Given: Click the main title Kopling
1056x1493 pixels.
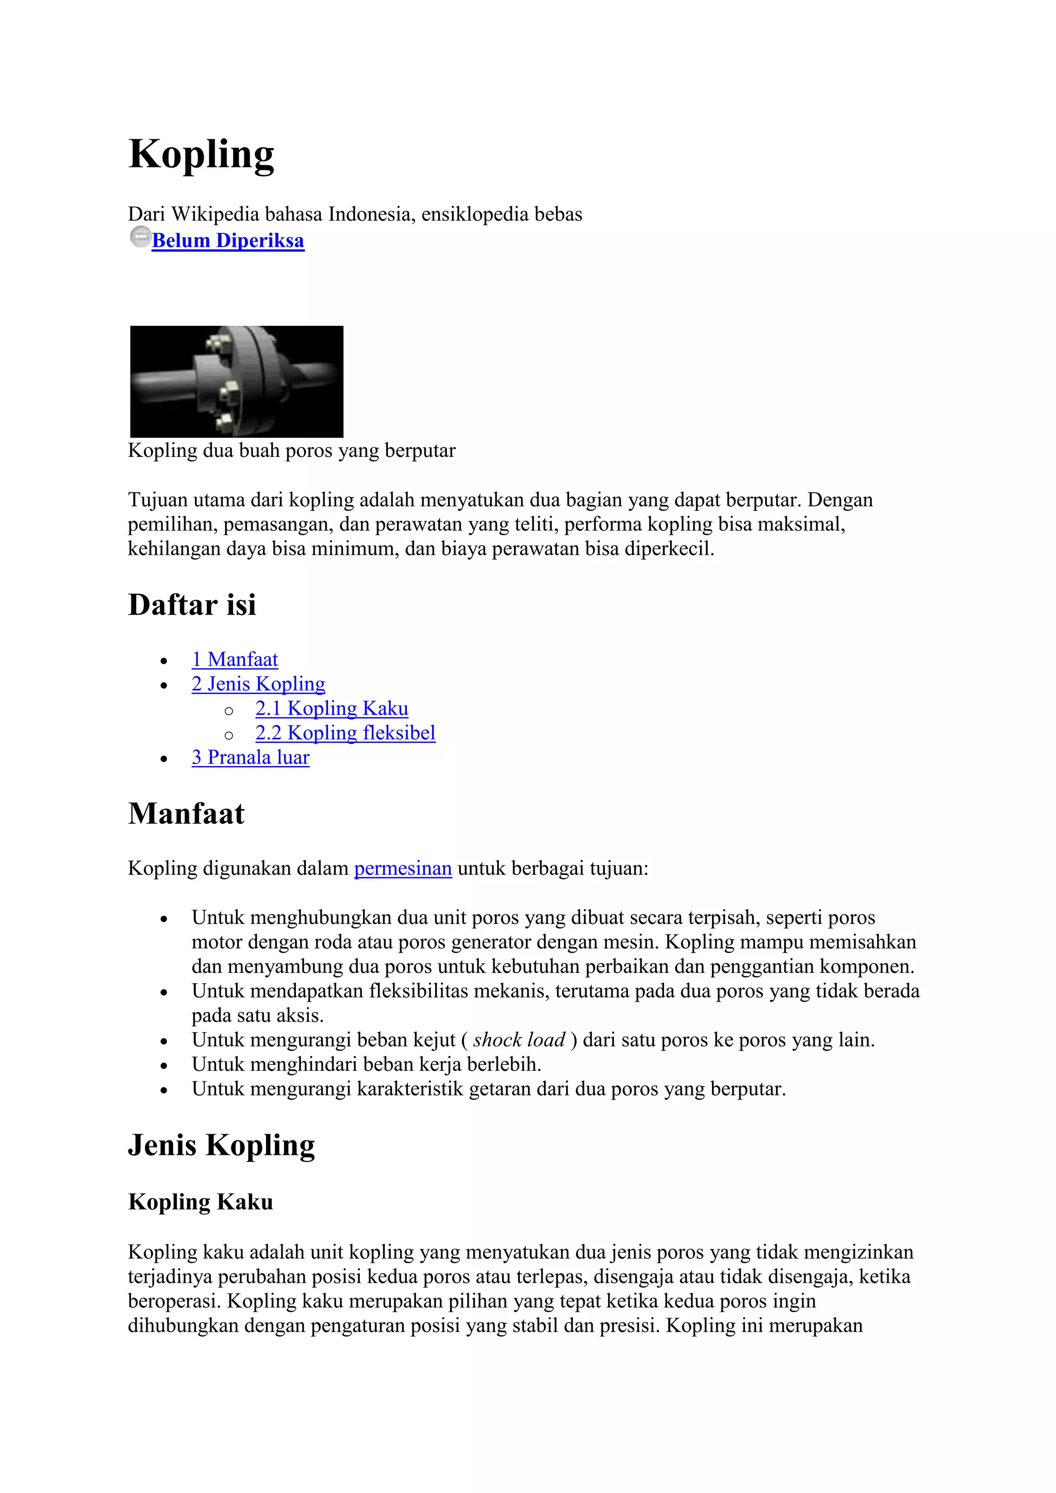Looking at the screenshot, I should (201, 155).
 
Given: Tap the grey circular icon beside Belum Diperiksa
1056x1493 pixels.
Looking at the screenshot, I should (140, 237).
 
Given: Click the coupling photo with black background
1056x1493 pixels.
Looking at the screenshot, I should (237, 381).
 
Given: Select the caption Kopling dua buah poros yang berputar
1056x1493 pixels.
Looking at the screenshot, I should (291, 450).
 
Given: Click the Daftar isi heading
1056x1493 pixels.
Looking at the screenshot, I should (192, 605).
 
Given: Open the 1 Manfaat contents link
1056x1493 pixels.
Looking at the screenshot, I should (235, 659).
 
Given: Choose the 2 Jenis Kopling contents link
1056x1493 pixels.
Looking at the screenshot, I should (258, 684).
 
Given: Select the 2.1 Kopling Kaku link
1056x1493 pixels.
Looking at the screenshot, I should (332, 708).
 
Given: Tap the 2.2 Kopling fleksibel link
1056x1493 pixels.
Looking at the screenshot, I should (345, 733).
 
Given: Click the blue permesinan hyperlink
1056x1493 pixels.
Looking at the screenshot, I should (403, 868).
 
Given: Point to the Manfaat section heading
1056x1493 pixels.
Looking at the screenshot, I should (186, 814).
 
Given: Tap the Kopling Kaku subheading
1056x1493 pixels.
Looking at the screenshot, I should (200, 1202).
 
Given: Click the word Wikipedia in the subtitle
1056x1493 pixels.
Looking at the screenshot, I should (214, 214).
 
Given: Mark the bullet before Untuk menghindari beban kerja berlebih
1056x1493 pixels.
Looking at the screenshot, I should (164, 1066).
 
